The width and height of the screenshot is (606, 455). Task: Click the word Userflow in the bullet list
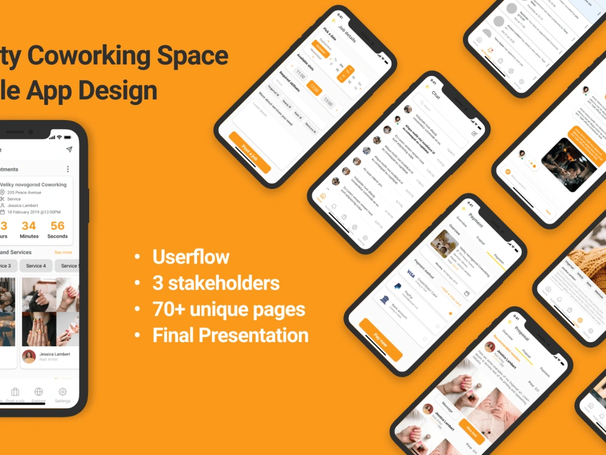(191, 257)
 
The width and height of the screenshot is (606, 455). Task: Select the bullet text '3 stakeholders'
(216, 283)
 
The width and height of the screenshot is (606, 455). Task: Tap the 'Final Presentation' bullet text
(230, 335)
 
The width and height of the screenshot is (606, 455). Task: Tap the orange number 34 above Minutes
(29, 226)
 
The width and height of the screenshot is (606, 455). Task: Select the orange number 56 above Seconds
(58, 226)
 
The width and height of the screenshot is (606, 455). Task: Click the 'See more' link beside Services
(63, 252)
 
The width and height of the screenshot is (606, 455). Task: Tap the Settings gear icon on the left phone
(62, 392)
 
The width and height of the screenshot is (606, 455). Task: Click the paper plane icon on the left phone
(69, 149)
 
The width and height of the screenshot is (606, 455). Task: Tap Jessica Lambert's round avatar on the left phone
(28, 356)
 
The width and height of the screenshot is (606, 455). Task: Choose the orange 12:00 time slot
(313, 89)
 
